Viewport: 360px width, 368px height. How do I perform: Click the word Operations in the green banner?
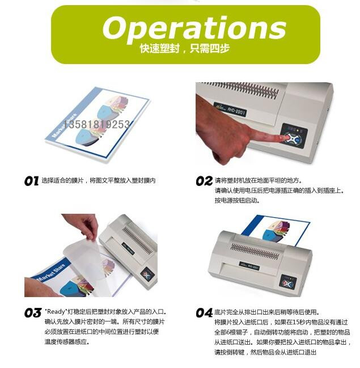(194, 29)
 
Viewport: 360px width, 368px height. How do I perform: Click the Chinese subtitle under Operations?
(184, 49)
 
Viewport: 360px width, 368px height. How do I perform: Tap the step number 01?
(31, 181)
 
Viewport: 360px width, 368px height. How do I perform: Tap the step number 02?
(204, 181)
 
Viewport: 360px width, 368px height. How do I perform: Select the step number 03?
(33, 313)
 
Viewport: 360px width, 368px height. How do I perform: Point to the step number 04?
(204, 313)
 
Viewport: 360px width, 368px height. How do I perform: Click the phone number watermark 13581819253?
(97, 124)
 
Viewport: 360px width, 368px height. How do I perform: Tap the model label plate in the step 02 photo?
(230, 109)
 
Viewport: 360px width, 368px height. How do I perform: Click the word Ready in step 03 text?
(56, 312)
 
